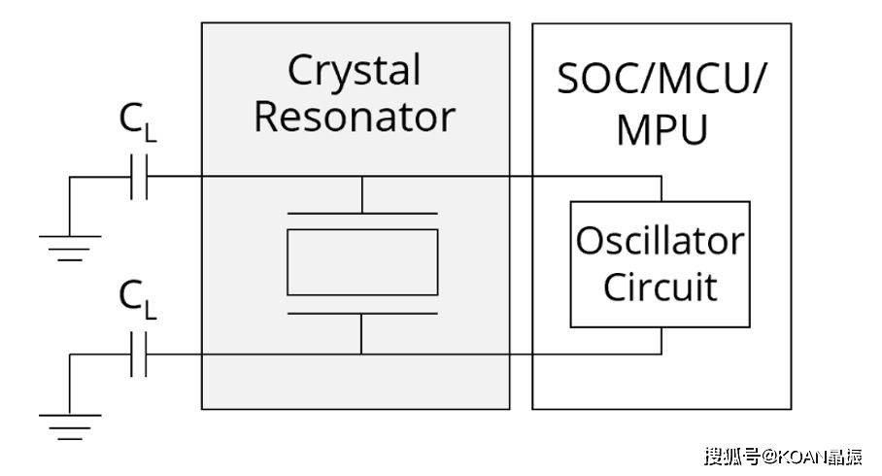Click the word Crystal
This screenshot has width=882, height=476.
coord(355,71)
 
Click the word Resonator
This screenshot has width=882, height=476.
coord(355,117)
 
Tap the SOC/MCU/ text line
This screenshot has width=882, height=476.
coord(661,80)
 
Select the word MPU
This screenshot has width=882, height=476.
coord(661,129)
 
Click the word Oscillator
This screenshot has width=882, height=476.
coord(660,240)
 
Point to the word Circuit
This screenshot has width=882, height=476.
coord(660,287)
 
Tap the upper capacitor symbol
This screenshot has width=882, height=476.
coord(139,178)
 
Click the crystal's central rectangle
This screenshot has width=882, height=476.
coord(362,262)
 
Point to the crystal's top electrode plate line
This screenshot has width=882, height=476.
coord(362,213)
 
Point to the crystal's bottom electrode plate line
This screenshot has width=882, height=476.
coord(362,313)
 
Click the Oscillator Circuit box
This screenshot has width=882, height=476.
coord(660,263)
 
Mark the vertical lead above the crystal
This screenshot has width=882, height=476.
coord(362,194)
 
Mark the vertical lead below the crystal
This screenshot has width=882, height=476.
coord(362,333)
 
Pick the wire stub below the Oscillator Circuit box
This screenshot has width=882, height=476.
coord(661,340)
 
